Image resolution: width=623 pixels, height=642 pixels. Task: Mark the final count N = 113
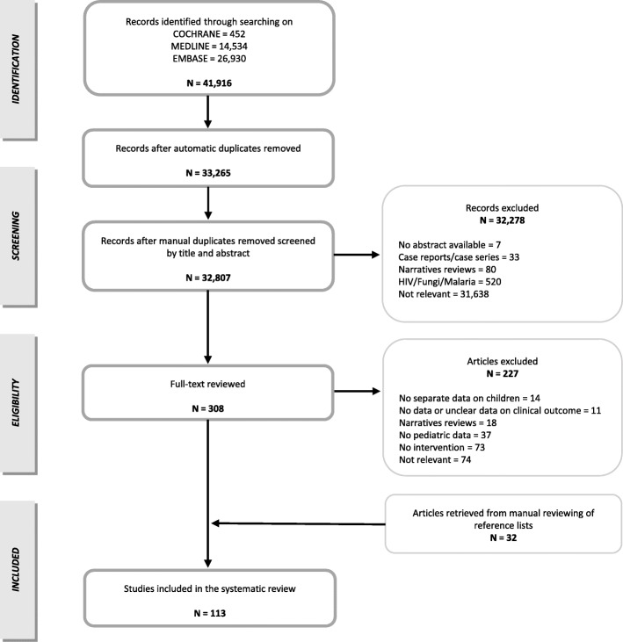(208, 614)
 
